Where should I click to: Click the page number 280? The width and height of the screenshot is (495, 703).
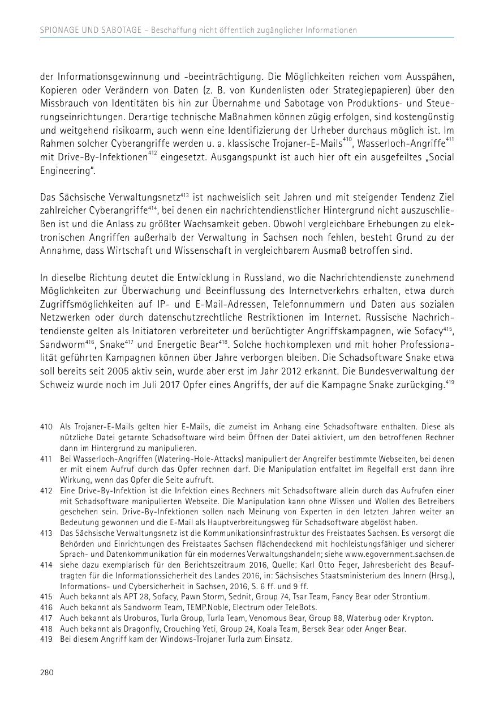point(46,672)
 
